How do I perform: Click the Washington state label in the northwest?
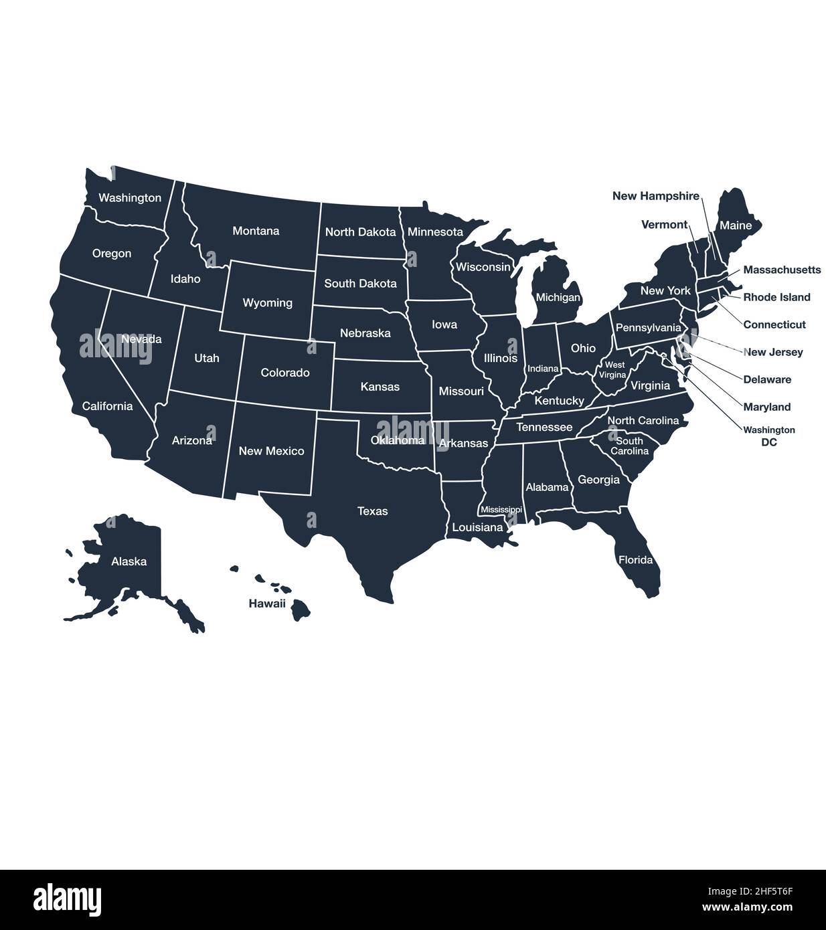pyautogui.click(x=130, y=198)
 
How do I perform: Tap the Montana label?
pyautogui.click(x=256, y=231)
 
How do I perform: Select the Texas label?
pyautogui.click(x=372, y=511)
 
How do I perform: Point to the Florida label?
pyautogui.click(x=635, y=559)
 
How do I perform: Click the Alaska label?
pyautogui.click(x=129, y=561)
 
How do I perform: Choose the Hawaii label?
pyautogui.click(x=267, y=603)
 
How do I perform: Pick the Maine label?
pyautogui.click(x=735, y=225)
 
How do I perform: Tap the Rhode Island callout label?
pyautogui.click(x=776, y=297)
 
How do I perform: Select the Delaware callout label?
pyautogui.click(x=767, y=379)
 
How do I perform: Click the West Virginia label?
pyautogui.click(x=614, y=370)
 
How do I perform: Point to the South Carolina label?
pyautogui.click(x=629, y=446)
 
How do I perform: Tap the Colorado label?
pyautogui.click(x=284, y=373)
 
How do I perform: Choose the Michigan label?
pyautogui.click(x=558, y=297)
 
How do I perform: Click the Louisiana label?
pyautogui.click(x=477, y=527)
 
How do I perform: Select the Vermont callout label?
pyautogui.click(x=664, y=225)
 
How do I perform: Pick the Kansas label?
pyautogui.click(x=380, y=387)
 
